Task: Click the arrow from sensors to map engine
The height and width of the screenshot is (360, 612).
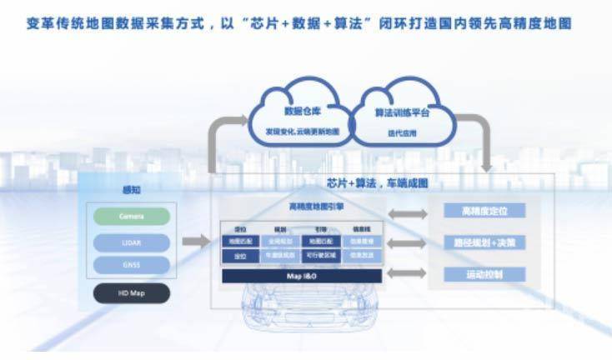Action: point(197,242)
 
